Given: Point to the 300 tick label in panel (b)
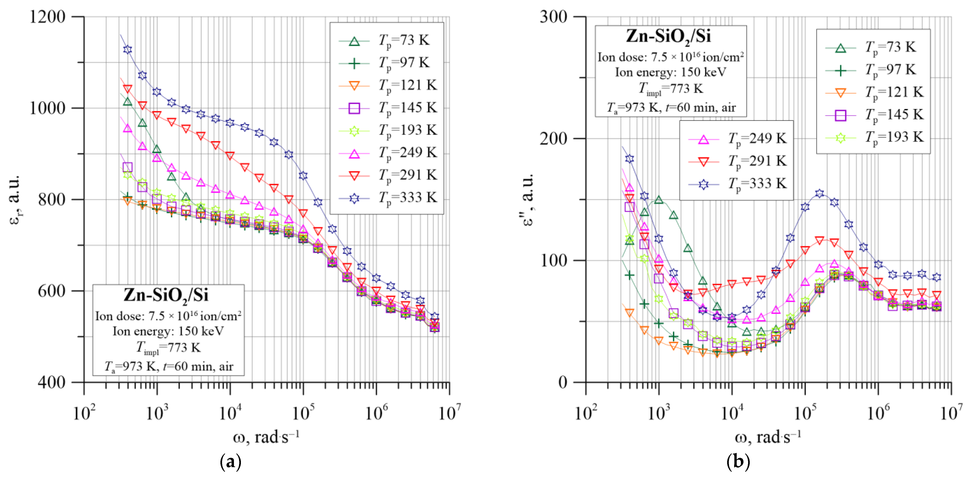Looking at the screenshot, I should tap(553, 17).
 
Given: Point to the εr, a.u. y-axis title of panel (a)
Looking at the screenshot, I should tap(14, 199).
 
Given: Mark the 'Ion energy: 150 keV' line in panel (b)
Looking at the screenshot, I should tap(670, 72).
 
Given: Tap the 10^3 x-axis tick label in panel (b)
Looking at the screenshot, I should tap(658, 413).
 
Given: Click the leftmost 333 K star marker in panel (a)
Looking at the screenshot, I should tap(128, 50).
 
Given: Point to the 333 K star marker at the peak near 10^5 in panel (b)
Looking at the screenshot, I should tap(820, 194).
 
